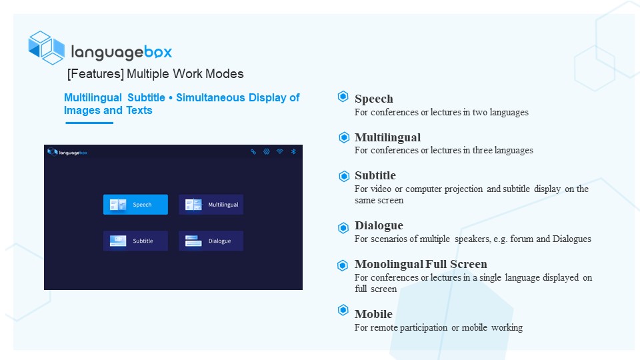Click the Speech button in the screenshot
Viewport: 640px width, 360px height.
(x=135, y=205)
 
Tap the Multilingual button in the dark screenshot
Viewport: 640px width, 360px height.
(x=211, y=205)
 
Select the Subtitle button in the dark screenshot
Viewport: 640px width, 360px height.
(x=135, y=241)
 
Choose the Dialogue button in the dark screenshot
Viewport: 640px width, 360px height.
(x=211, y=241)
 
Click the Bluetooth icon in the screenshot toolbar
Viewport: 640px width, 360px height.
(x=293, y=152)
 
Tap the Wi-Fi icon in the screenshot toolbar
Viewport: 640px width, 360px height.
(x=279, y=151)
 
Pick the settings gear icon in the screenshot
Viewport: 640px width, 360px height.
(x=267, y=151)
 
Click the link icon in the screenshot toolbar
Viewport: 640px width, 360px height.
(x=253, y=151)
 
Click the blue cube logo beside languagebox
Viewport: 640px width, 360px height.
(x=46, y=48)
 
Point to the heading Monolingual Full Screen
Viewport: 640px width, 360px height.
(x=421, y=264)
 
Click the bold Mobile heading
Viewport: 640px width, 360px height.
(x=373, y=314)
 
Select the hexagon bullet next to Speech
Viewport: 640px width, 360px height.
(x=343, y=96)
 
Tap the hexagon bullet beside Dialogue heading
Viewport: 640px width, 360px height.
(x=343, y=227)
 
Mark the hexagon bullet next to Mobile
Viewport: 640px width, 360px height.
(x=343, y=310)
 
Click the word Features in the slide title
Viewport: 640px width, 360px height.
(x=95, y=74)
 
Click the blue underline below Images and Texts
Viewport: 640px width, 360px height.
(x=89, y=123)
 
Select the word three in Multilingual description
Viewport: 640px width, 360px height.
(x=482, y=150)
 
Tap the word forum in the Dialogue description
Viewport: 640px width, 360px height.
(x=521, y=239)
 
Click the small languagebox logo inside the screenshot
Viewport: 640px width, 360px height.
(x=67, y=152)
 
